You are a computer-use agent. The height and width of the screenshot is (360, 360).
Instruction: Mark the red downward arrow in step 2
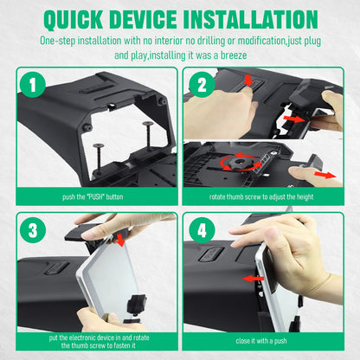pyautogui.click(x=248, y=80)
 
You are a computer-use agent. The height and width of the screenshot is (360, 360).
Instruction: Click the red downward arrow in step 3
pyautogui.click(x=119, y=240)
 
